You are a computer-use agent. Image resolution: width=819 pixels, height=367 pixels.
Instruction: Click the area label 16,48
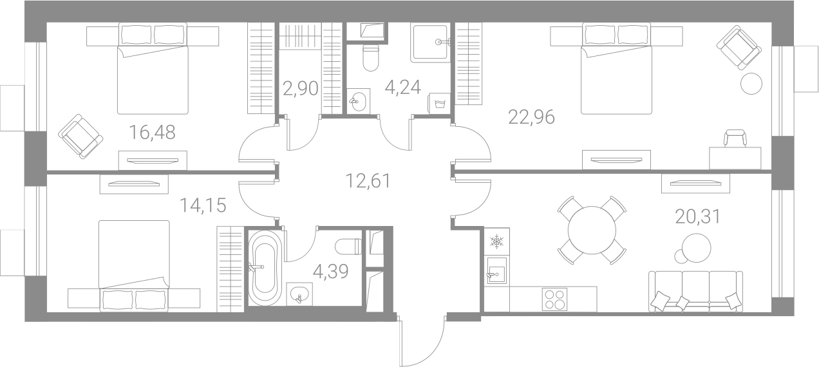153,133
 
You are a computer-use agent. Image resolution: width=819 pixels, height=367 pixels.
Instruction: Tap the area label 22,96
532,117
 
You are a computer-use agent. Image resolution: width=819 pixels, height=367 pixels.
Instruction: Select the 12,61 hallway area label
368,181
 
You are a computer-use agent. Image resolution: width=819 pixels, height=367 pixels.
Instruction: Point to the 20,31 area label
698,217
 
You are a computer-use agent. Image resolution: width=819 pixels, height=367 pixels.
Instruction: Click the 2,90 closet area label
301,88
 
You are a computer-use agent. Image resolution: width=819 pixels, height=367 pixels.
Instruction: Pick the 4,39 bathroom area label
331,272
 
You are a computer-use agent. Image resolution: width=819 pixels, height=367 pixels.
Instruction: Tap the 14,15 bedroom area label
203,205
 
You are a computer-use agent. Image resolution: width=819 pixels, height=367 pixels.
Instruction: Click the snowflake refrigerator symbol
497,241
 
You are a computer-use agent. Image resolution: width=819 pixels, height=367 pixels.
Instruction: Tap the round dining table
592,230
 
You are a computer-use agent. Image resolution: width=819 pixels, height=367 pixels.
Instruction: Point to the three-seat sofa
695,292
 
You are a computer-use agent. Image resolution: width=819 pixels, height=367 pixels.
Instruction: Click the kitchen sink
497,271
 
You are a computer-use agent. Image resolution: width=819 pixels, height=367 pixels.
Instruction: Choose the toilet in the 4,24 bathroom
370,57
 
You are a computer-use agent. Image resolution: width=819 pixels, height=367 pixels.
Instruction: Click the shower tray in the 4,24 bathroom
430,42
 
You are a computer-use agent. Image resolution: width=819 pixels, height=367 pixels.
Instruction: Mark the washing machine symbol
438,104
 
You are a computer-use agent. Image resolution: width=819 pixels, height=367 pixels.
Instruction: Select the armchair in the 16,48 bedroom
80,136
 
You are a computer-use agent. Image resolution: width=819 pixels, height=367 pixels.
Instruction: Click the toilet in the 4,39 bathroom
348,247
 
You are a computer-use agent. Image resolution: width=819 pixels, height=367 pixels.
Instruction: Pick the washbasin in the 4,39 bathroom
300,294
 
